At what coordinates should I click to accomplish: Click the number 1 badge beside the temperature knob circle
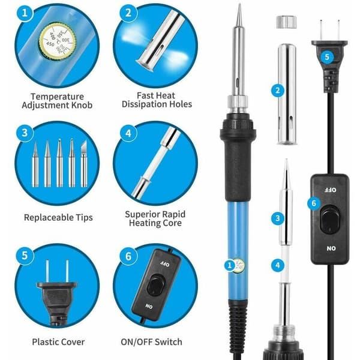click(x=25, y=13)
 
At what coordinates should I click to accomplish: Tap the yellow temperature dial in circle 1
click(x=58, y=40)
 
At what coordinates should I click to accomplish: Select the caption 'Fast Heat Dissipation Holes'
click(x=157, y=100)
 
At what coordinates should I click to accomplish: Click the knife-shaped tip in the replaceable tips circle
click(x=84, y=163)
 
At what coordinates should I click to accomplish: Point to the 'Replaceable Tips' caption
click(x=58, y=217)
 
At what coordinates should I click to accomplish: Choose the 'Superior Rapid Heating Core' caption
click(x=155, y=218)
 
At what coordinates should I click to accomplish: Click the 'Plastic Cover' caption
click(x=58, y=342)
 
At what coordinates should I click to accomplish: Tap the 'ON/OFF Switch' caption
click(x=152, y=342)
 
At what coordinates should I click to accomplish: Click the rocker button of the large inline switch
click(x=330, y=218)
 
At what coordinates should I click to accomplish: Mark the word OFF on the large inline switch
click(x=331, y=190)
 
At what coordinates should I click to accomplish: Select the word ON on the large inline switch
click(x=331, y=248)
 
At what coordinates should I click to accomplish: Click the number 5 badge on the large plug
click(x=327, y=56)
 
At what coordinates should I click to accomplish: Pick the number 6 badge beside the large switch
click(x=314, y=203)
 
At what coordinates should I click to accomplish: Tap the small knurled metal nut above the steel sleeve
click(x=286, y=22)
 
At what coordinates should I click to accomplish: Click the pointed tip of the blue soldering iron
click(x=239, y=4)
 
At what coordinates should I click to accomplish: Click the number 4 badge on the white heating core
click(x=278, y=265)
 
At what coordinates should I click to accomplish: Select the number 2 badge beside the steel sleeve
click(x=278, y=90)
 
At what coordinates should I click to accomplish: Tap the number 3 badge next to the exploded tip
click(x=278, y=218)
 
